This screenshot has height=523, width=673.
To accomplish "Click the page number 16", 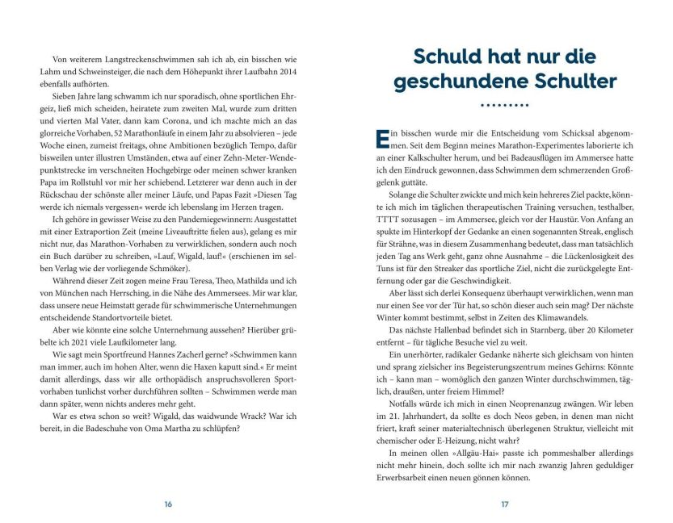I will coord(168,504).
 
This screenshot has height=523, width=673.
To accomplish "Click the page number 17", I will coord(504,504).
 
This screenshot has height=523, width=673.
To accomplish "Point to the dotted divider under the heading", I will coord(504,105).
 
